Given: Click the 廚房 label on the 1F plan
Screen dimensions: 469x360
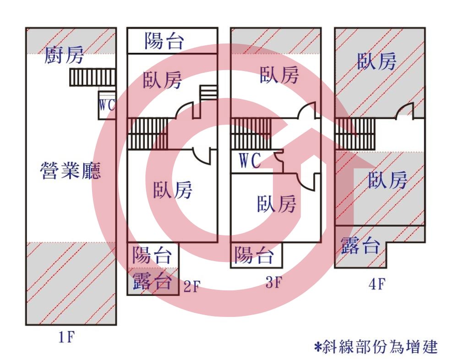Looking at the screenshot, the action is click(x=64, y=55).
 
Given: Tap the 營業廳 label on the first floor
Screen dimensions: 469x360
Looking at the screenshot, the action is click(x=71, y=170).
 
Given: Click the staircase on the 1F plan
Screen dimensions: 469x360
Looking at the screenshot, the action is click(x=93, y=77).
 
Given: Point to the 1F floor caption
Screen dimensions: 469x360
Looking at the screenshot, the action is click(x=66, y=338).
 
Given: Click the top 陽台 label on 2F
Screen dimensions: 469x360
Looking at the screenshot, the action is click(x=164, y=41).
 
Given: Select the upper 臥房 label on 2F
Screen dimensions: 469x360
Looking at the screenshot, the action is click(x=162, y=80).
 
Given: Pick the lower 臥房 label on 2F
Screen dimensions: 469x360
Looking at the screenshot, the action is click(x=173, y=190).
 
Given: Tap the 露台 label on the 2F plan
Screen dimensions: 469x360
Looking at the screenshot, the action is click(x=152, y=281).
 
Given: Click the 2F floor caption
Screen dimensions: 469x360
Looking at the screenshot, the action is click(x=192, y=286).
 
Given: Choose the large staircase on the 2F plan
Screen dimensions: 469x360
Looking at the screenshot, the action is click(x=148, y=134).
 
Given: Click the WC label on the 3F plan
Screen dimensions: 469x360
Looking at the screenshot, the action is click(x=250, y=161).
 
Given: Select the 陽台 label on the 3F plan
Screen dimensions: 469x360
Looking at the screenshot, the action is click(x=254, y=255).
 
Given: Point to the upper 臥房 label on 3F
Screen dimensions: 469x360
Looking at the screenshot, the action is click(x=279, y=75).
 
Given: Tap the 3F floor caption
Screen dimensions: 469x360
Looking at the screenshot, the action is click(x=274, y=282).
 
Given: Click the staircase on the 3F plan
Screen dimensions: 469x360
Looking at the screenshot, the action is click(x=251, y=134).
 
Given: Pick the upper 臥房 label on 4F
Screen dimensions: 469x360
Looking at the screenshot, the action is click(x=376, y=61).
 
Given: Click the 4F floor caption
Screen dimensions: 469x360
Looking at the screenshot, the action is click(x=377, y=284).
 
